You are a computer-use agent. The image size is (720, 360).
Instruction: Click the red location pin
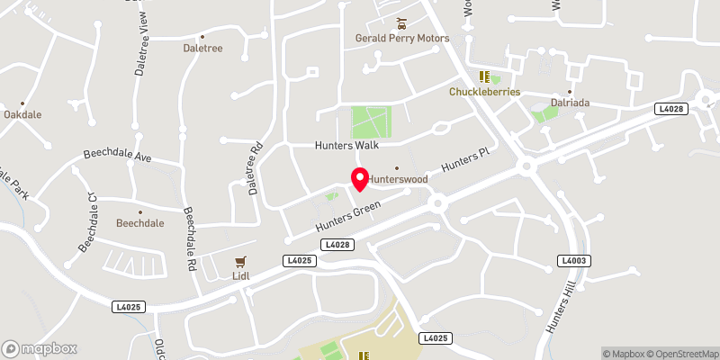(x=360, y=179)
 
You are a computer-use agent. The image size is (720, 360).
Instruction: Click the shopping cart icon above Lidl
(x=239, y=262)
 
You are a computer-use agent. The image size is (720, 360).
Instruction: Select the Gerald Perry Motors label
(x=401, y=39)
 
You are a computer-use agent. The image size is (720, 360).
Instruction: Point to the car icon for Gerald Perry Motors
(x=402, y=22)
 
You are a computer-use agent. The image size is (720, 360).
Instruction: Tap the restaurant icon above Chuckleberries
(x=483, y=77)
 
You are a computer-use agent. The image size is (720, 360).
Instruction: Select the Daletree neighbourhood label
(x=202, y=48)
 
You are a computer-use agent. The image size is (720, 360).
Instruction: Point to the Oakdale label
(x=22, y=115)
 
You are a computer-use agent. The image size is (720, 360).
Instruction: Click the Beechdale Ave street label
(x=118, y=155)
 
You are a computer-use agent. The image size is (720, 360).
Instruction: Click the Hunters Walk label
(x=346, y=145)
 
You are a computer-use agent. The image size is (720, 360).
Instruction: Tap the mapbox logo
(x=40, y=348)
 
